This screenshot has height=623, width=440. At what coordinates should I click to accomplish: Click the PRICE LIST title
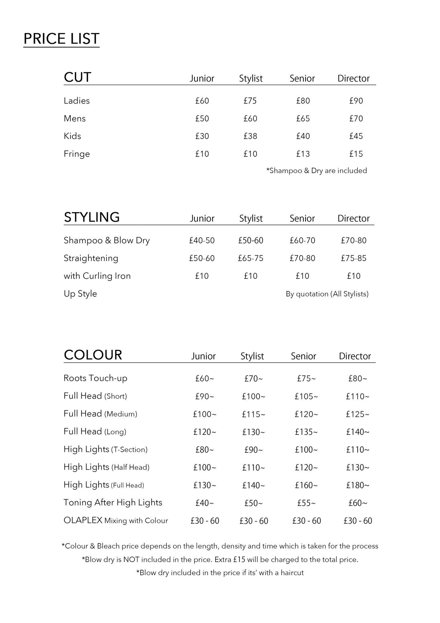click(x=61, y=39)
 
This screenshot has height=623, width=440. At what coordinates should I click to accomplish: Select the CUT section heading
click(x=77, y=77)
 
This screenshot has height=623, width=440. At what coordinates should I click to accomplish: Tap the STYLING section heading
click(x=92, y=217)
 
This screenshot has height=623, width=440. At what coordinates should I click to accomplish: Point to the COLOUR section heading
click(x=93, y=355)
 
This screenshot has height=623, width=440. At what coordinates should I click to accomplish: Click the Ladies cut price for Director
click(x=356, y=101)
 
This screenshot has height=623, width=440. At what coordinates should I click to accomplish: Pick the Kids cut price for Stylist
click(x=250, y=136)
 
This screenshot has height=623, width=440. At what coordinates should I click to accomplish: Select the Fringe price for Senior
click(x=303, y=154)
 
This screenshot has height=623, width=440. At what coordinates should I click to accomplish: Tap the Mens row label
click(x=75, y=118)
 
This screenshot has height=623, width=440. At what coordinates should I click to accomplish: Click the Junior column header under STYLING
click(x=202, y=218)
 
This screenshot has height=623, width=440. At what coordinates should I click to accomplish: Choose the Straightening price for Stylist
click(x=251, y=258)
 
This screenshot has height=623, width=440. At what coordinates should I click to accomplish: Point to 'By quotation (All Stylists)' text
click(x=327, y=294)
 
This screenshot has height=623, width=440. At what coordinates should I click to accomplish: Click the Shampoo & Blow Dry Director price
click(x=354, y=241)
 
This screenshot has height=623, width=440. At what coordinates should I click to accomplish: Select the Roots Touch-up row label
click(x=95, y=378)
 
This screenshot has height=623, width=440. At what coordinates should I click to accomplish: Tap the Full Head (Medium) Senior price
click(x=306, y=414)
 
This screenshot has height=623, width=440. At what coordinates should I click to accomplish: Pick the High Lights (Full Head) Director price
click(x=358, y=485)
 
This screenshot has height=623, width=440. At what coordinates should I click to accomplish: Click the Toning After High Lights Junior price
click(x=204, y=503)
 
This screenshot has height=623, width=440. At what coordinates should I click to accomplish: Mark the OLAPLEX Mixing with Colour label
click(x=116, y=520)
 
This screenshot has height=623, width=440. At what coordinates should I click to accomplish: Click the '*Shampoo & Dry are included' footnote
click(x=316, y=171)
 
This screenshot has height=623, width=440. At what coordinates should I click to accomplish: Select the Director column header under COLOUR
click(x=355, y=356)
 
